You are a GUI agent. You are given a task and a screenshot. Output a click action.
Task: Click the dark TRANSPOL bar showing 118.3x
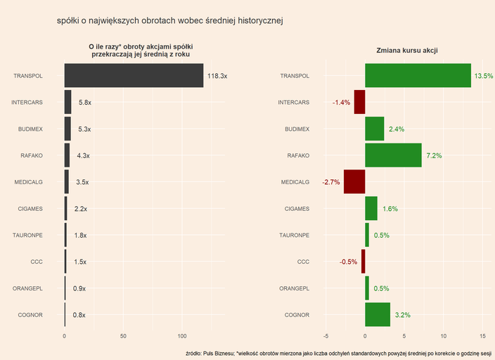coord(134,76)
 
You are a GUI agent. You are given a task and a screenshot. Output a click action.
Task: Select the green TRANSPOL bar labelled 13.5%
coord(418,76)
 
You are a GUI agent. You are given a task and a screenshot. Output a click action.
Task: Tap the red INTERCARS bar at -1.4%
coord(359,102)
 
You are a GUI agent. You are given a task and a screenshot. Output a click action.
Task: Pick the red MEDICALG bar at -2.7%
coord(354,181)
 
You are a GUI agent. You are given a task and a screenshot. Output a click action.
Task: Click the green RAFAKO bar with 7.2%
coord(393,155)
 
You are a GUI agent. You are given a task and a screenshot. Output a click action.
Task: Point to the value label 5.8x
coord(85,103)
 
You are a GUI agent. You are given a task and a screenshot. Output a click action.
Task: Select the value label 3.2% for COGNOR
coord(403,315)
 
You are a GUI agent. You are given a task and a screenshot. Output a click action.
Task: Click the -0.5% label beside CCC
coord(348,262)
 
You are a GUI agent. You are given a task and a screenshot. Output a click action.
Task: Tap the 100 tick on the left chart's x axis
coord(182,336)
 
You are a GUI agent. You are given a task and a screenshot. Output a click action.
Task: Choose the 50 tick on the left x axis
coord(124,336)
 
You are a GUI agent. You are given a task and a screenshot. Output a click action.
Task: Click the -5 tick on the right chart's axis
coord(325,336)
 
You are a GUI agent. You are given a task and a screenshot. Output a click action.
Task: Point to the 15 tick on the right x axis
coord(482,336)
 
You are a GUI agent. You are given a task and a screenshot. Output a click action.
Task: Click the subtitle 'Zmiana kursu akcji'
coord(408,51)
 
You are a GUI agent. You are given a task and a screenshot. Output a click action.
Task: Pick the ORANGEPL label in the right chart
coord(295,288)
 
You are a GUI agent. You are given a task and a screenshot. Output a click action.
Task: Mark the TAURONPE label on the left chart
coord(29,235)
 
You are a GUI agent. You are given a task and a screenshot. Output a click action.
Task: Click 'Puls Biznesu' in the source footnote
coord(219,353)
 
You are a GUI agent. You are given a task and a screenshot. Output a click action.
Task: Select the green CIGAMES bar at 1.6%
coord(371,208)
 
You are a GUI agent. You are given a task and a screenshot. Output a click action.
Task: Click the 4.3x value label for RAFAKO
coord(83,155)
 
